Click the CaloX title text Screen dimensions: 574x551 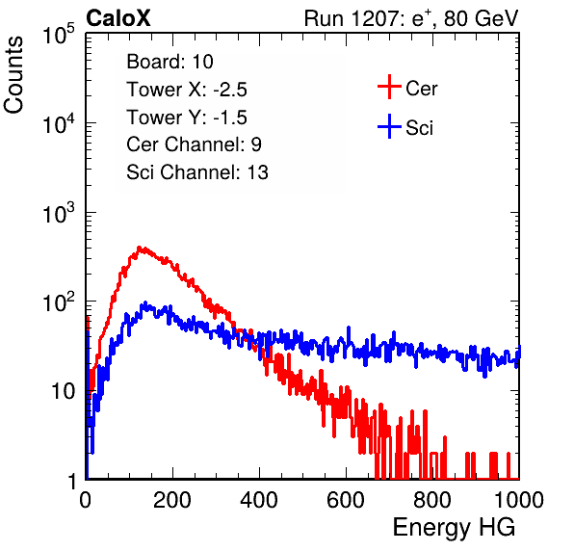click(x=118, y=18)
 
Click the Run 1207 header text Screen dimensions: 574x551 click(x=411, y=18)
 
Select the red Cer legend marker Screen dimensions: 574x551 click(x=389, y=87)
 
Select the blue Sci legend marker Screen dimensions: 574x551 click(x=389, y=126)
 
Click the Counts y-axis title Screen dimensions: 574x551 click(x=13, y=75)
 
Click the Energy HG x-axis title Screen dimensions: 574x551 click(x=454, y=528)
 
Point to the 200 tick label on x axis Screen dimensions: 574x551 click(x=172, y=500)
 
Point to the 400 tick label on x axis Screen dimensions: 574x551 click(x=259, y=500)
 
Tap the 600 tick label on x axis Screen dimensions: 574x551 click(x=346, y=500)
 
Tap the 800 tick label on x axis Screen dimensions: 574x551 click(x=432, y=500)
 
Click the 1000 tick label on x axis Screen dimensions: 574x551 click(x=519, y=500)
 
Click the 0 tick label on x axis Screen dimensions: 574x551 click(x=86, y=500)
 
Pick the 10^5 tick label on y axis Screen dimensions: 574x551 click(x=59, y=34)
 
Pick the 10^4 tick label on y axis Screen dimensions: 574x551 click(x=59, y=123)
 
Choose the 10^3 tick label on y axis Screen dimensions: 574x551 click(x=59, y=213)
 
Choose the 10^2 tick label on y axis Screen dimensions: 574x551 click(x=59, y=302)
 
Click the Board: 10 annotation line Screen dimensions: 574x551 click(x=170, y=62)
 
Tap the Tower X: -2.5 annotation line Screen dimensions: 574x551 click(x=187, y=90)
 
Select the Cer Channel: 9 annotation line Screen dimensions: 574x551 click(x=194, y=144)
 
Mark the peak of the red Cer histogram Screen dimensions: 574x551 click(x=139, y=248)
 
